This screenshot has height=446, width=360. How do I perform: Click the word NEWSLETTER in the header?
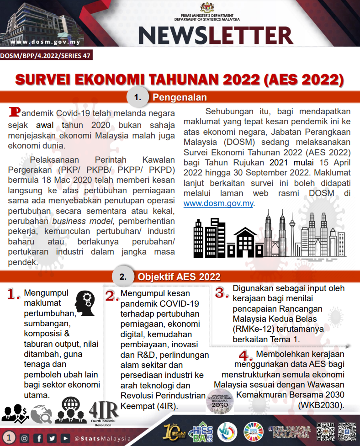(x=215, y=35)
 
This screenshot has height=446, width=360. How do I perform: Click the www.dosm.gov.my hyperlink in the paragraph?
(x=218, y=203)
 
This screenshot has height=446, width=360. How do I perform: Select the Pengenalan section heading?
(x=180, y=97)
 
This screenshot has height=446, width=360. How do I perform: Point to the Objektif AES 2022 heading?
(x=179, y=277)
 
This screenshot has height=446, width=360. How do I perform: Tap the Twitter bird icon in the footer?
(x=52, y=438)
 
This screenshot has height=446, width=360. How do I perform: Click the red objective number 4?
(x=245, y=356)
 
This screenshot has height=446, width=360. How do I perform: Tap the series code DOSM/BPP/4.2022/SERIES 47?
(x=45, y=56)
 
